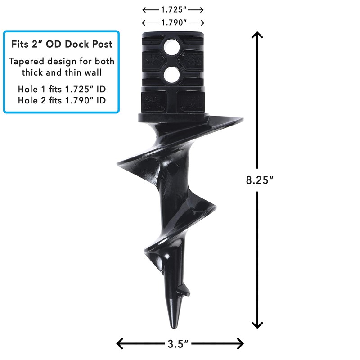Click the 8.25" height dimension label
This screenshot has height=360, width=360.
pyautogui.click(x=261, y=180)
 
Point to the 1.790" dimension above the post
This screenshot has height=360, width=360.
pyautogui.click(x=173, y=22)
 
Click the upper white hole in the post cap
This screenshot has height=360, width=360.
pyautogui.click(x=172, y=46)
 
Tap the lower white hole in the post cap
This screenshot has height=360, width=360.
pyautogui.click(x=172, y=75)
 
